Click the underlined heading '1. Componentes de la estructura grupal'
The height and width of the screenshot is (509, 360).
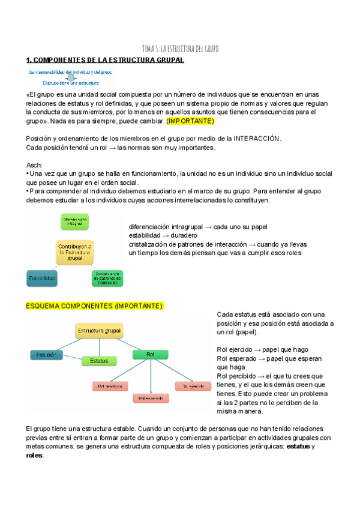(105, 60)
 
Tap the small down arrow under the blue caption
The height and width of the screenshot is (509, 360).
(70, 77)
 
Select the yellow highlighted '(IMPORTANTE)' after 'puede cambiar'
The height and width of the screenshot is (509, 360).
(190, 121)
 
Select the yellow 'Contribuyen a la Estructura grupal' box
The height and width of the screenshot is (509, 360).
(74, 253)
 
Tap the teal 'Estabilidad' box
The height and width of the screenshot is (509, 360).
(41, 279)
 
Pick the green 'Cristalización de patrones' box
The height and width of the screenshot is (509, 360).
(109, 279)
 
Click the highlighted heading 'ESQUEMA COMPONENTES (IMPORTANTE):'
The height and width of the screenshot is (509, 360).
(95, 306)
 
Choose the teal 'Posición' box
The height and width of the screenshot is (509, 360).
(46, 355)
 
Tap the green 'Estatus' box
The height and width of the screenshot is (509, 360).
(99, 361)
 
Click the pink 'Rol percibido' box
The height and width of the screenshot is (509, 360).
(110, 386)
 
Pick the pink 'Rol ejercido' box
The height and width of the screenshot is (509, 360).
(191, 386)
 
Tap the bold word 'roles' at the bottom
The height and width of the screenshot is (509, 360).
(35, 456)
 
